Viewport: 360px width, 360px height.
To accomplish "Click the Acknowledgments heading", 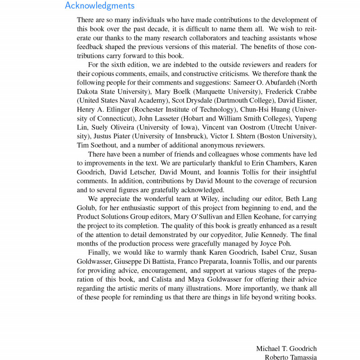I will click(x=99, y=6).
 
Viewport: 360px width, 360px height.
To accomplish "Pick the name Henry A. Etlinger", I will click(x=103, y=109).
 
